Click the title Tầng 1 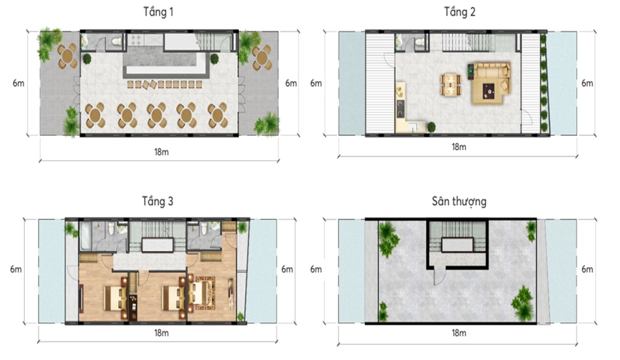[158, 12]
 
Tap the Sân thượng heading [459, 201]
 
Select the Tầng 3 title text [157, 201]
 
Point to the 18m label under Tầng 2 [459, 147]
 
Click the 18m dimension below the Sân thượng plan [459, 333]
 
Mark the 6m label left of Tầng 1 [18, 83]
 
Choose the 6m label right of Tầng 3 [287, 269]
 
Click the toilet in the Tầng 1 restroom [117, 41]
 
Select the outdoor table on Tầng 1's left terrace [67, 56]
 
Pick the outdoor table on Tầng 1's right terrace [262, 57]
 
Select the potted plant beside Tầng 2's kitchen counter [431, 127]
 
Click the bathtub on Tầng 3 [86, 236]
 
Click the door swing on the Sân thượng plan [438, 277]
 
